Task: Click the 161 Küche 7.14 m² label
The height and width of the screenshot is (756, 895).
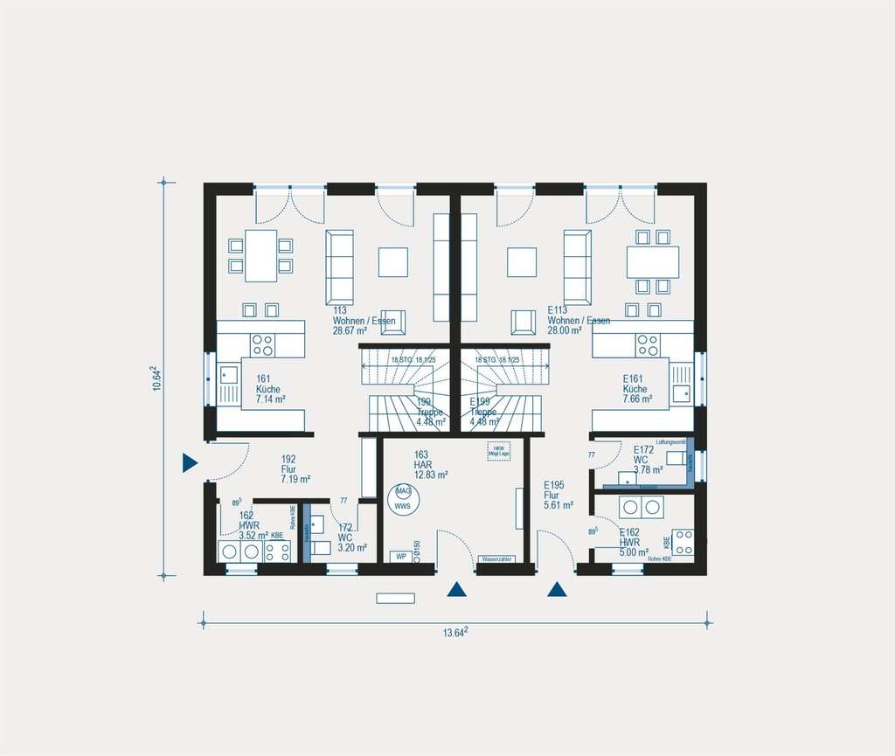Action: click(270, 389)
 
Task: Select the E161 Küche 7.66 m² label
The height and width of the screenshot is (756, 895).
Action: click(637, 389)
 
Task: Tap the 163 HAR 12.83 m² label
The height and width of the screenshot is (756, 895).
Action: click(431, 465)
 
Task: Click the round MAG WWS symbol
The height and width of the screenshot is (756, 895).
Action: click(403, 498)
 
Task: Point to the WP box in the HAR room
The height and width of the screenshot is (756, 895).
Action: click(401, 556)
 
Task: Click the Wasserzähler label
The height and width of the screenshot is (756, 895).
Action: click(497, 558)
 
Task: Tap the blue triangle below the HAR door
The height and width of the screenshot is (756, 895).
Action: click(455, 590)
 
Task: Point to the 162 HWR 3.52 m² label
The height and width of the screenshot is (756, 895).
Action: click(253, 524)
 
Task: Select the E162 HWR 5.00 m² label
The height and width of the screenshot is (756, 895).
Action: click(634, 542)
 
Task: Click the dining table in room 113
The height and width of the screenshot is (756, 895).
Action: click(260, 255)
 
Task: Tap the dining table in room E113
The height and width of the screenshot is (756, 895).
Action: click(652, 261)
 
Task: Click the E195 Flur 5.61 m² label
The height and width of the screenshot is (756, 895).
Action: click(558, 495)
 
